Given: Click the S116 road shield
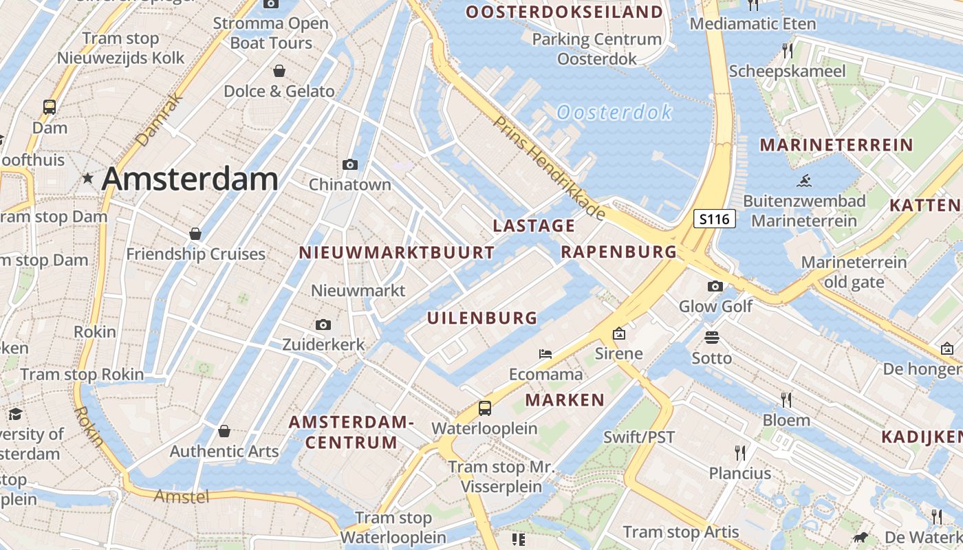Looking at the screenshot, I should (714, 219).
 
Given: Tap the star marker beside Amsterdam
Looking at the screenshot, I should (87, 179).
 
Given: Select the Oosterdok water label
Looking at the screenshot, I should (614, 112).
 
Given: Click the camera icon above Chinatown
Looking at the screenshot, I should (350, 164).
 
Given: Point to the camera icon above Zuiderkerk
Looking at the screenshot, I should (323, 324).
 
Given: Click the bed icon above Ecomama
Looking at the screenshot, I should (545, 354).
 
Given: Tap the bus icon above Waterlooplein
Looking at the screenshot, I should (485, 408).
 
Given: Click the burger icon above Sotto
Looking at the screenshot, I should (712, 338).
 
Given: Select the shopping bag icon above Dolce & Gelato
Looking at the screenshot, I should (279, 71).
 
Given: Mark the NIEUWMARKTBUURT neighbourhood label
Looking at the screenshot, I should (397, 252).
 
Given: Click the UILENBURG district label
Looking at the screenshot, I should (482, 318).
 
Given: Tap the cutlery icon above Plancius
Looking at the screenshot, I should (740, 452).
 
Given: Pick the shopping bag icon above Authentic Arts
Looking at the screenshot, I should (224, 431).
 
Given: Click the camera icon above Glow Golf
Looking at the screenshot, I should (715, 286).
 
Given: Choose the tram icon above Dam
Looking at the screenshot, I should (50, 107).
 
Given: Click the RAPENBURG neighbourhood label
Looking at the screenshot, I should (619, 252).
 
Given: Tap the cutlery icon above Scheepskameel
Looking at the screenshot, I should (788, 50).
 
